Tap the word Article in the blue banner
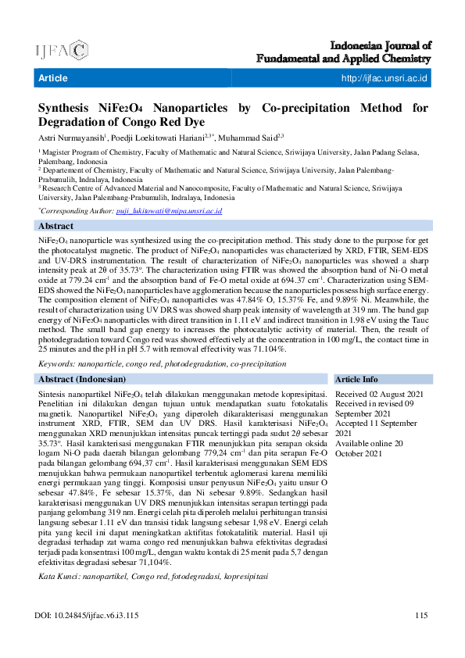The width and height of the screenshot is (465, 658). click(53, 78)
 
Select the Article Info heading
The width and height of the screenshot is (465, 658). click(357, 379)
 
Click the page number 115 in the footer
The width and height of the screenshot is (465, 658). click(421, 616)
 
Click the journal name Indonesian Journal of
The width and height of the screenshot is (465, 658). click(381, 46)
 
